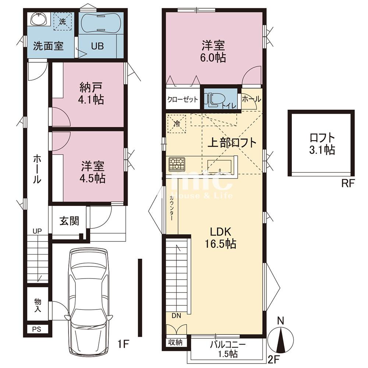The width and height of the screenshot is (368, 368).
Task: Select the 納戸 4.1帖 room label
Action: click(91, 93)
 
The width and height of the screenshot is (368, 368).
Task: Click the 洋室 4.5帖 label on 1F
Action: click(92, 172)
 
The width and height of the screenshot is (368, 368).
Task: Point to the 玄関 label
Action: click(69, 221)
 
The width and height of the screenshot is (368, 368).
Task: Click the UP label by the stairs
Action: click(37, 231)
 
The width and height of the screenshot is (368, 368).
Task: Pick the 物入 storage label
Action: click(38, 305)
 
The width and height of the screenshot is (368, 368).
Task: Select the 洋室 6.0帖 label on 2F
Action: click(213, 52)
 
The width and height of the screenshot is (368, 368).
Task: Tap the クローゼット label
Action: click(183, 99)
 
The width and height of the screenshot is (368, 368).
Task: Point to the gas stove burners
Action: click(177, 164)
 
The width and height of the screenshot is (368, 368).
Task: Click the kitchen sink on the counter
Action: click(219, 166)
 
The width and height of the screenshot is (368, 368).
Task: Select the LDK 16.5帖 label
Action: click(220, 238)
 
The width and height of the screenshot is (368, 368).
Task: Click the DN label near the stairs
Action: click(176, 316)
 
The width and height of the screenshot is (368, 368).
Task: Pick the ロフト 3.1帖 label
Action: click(322, 144)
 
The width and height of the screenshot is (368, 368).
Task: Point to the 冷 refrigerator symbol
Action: click(176, 123)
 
